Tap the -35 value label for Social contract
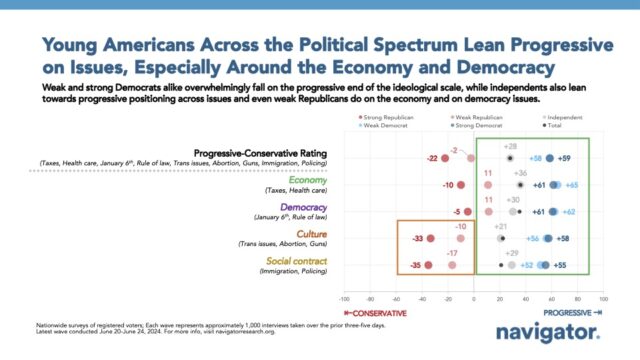point(414,265)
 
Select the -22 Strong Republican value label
point(432,159)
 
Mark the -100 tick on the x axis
point(344,298)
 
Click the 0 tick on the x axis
point(474,298)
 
